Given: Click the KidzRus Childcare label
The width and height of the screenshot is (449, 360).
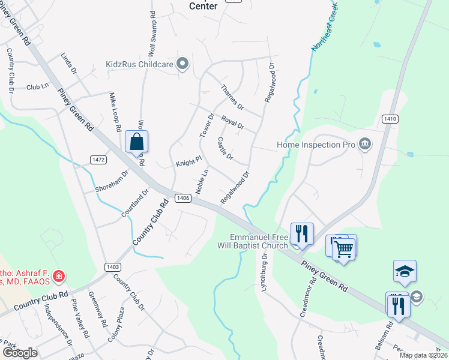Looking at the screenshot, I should tap(139, 64).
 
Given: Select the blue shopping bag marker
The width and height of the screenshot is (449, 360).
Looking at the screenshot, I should tap(137, 142).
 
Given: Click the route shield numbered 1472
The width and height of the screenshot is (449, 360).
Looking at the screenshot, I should tap(98, 159).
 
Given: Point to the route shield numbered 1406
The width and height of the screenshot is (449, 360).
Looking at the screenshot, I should tap(184, 198).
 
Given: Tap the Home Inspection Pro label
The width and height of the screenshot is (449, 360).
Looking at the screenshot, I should tap(316, 145).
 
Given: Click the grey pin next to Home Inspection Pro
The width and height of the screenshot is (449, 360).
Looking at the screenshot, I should tap(364, 144).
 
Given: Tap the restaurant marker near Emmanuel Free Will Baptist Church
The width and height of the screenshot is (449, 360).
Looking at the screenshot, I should tap(302, 233).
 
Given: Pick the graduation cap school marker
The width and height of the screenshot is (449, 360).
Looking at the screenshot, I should tap(405, 272).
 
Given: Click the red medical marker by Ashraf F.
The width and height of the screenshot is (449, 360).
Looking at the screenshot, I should tap(59, 277).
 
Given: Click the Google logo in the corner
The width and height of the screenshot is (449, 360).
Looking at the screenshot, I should tap(20, 353).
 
